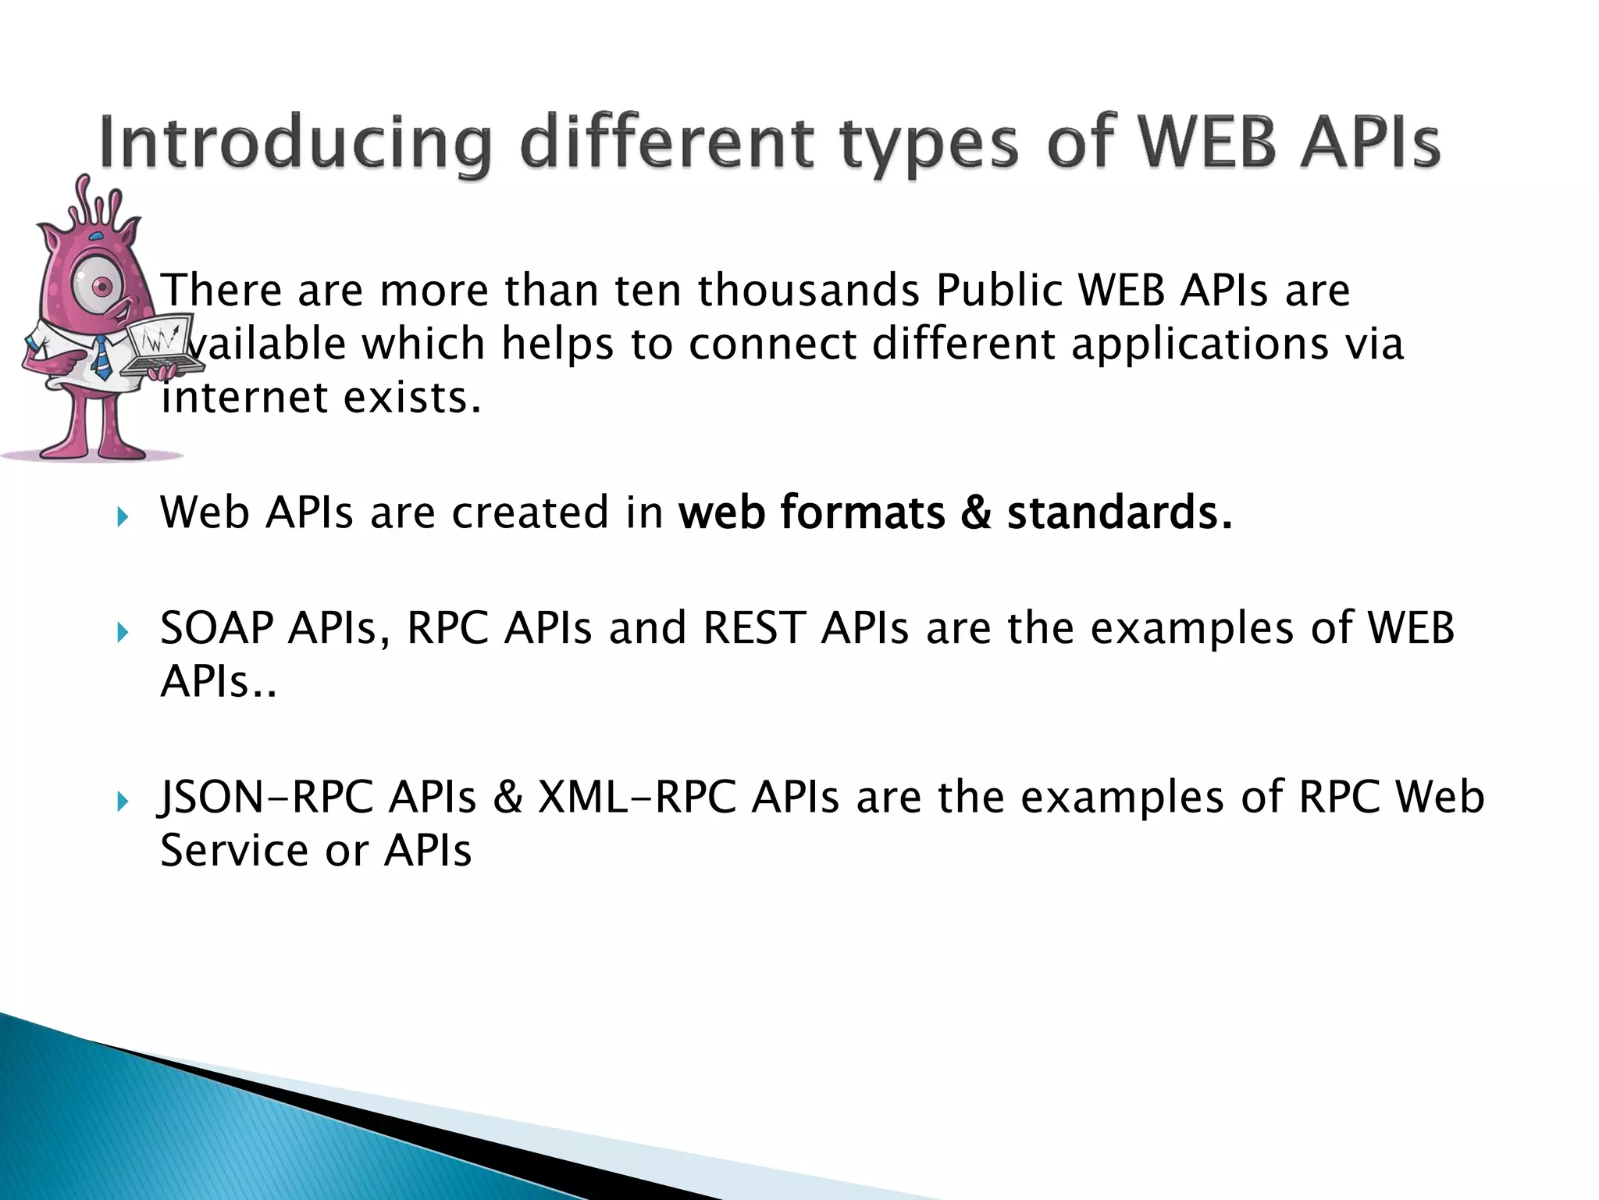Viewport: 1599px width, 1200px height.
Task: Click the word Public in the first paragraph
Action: click(999, 290)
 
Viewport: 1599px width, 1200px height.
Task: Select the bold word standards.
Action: click(1119, 512)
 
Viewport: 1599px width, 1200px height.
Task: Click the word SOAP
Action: click(217, 627)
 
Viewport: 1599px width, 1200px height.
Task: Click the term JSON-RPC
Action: click(265, 797)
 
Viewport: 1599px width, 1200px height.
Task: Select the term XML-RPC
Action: click(636, 797)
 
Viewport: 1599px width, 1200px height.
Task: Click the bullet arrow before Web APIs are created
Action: click(122, 516)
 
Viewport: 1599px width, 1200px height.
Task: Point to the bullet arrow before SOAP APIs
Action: click(122, 631)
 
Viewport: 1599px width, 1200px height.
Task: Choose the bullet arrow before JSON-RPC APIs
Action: click(122, 801)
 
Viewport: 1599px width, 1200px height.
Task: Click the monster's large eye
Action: click(100, 287)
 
